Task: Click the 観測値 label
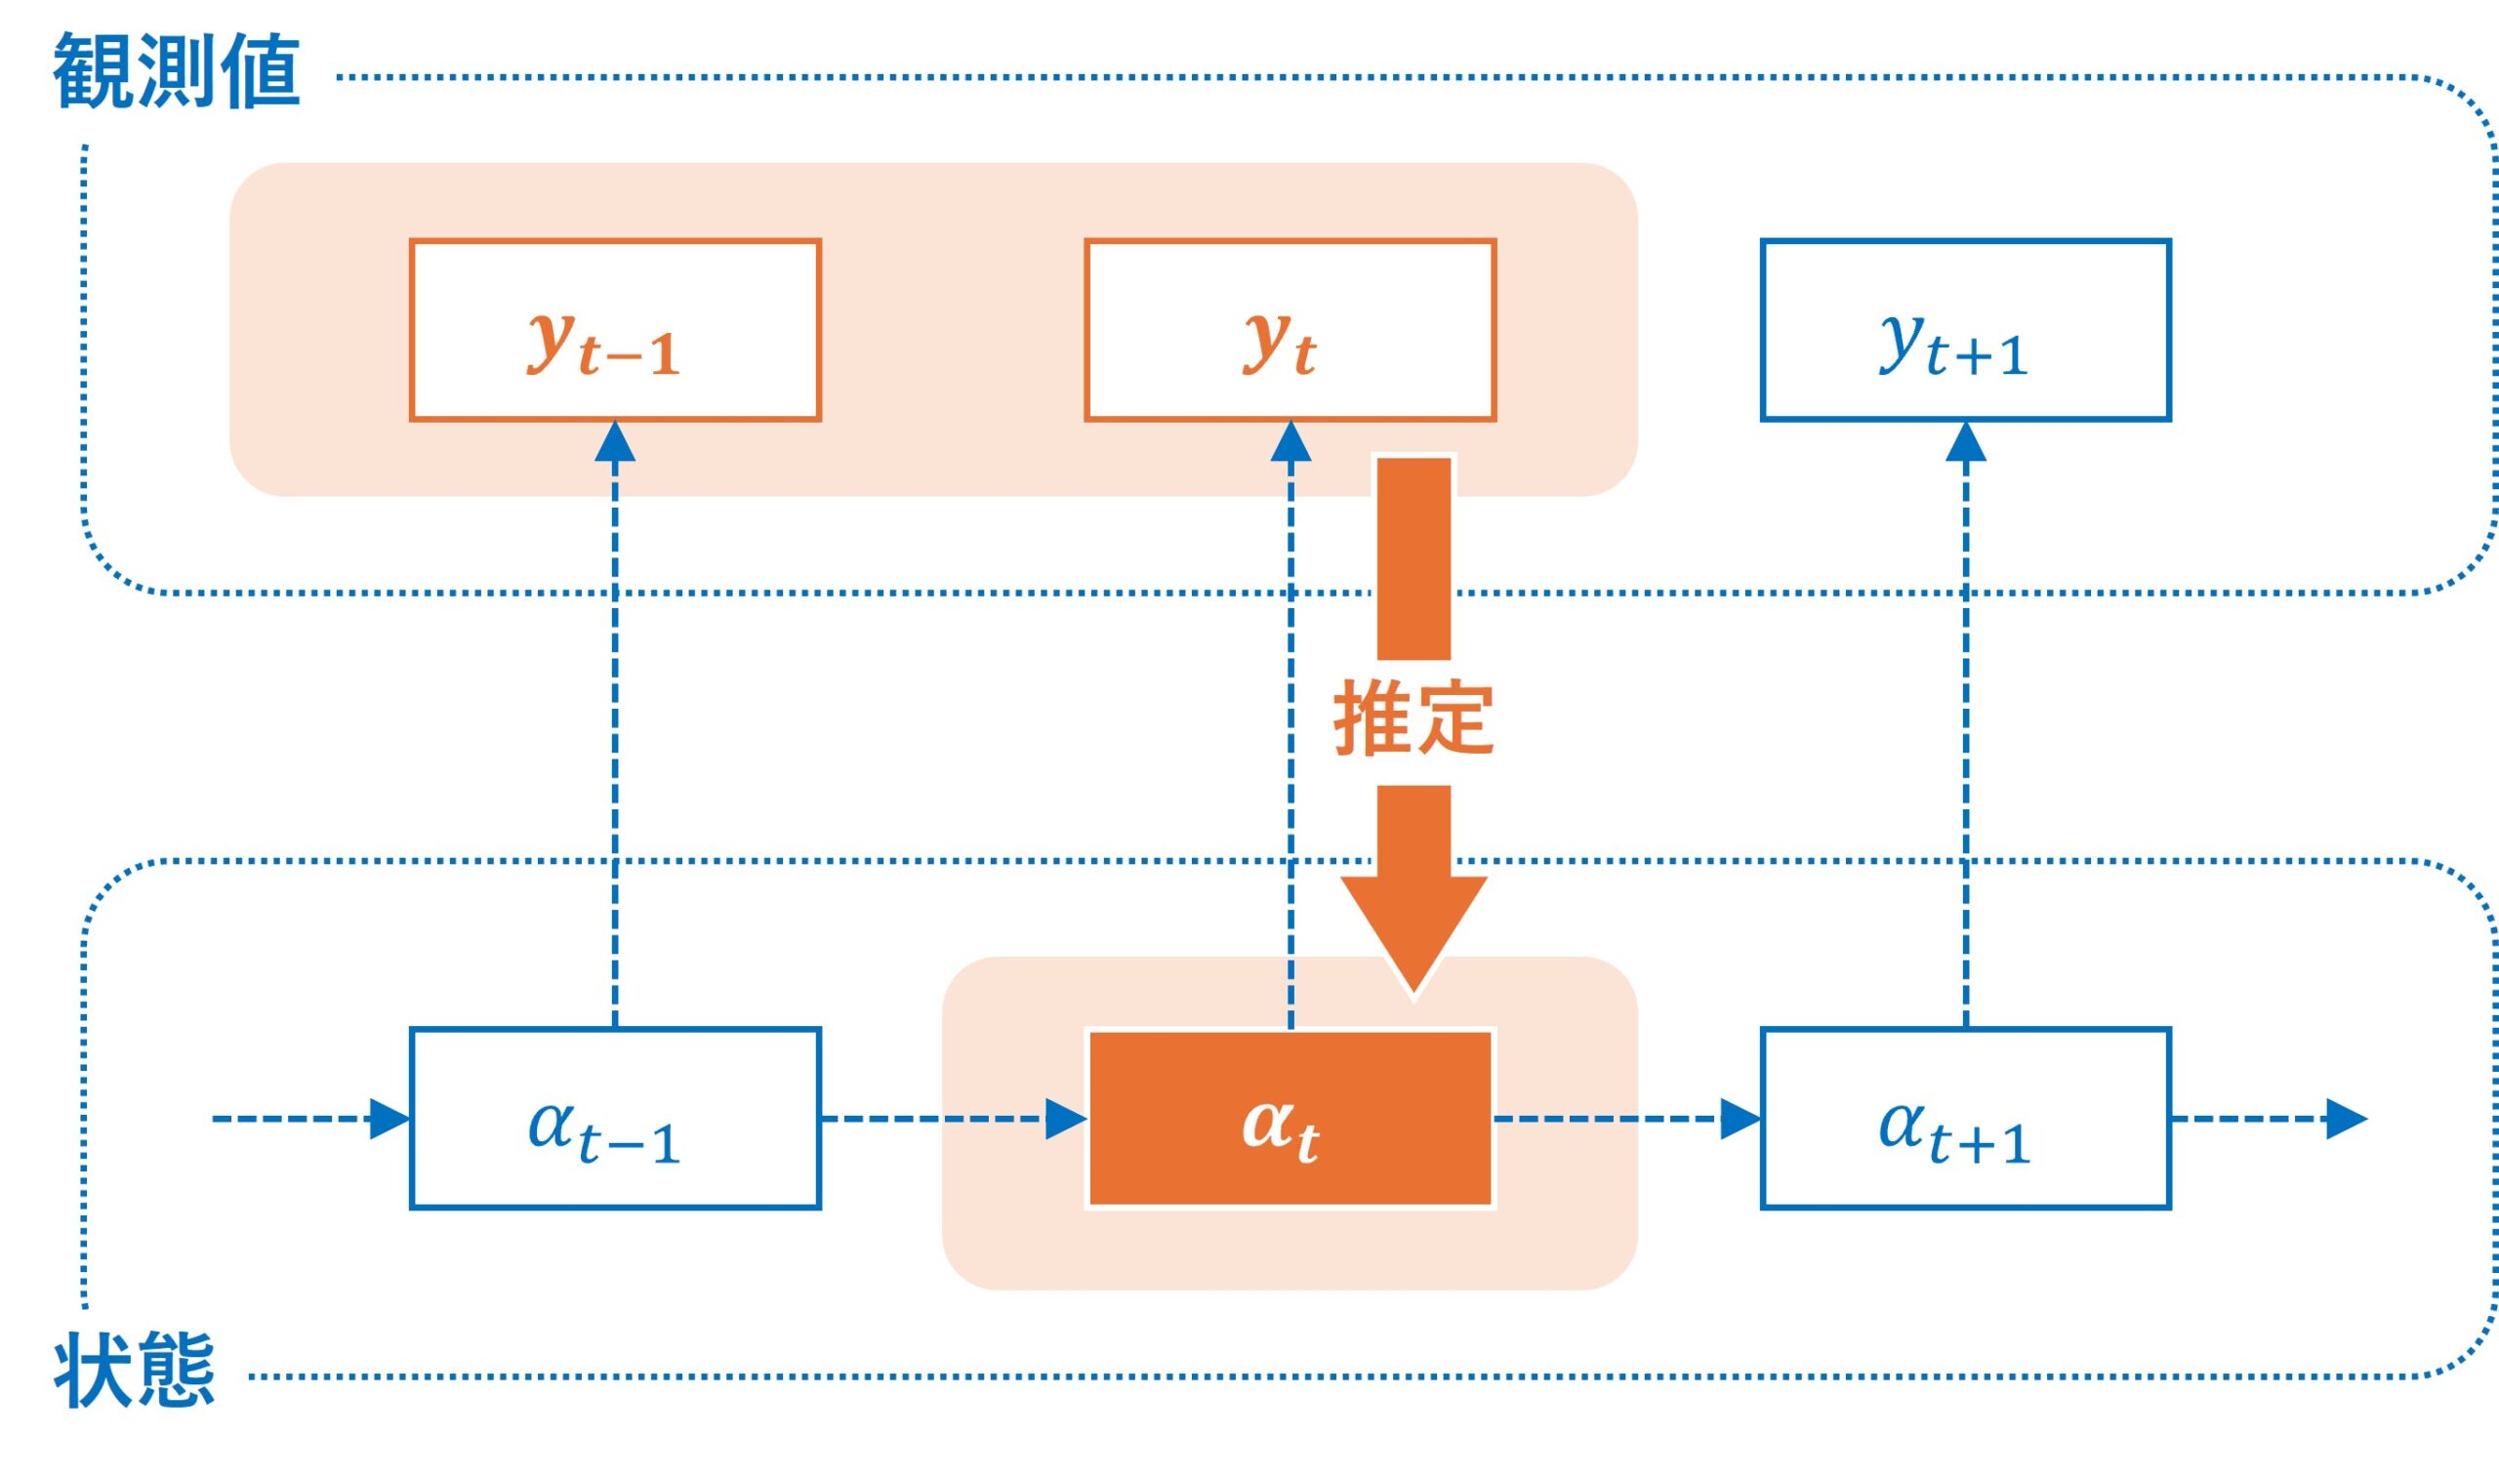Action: tap(177, 71)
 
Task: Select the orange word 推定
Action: tap(1413, 718)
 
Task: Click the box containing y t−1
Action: tap(615, 330)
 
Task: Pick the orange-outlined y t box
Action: tap(1290, 330)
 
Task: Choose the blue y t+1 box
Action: tap(1965, 330)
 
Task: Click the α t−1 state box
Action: tap(615, 1119)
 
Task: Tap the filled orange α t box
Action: tap(1290, 1119)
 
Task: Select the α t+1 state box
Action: tap(1965, 1119)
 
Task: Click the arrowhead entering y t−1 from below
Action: tap(615, 441)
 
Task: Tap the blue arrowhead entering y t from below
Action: tap(1290, 441)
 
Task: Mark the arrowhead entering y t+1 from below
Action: tap(1965, 441)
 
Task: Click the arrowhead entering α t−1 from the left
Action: tap(389, 1119)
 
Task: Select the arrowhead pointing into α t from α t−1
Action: tap(1065, 1119)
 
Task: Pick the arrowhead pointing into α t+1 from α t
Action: tap(1741, 1119)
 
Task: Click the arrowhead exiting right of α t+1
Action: tap(2346, 1119)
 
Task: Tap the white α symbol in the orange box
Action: tap(1266, 1124)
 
